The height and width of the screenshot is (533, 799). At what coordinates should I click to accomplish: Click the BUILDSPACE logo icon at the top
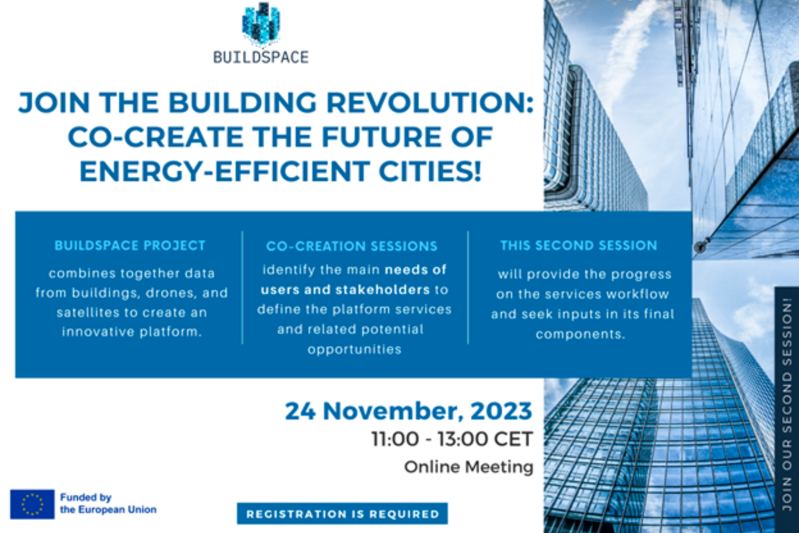261,23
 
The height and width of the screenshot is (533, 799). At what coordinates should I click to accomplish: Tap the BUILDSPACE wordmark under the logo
261,57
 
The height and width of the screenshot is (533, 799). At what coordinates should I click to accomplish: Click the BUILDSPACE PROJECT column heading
130,246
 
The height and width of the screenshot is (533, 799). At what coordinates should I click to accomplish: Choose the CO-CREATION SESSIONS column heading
352,246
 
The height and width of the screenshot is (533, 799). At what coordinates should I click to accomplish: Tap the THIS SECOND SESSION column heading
579,246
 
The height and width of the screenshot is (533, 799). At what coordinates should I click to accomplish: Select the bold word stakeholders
383,290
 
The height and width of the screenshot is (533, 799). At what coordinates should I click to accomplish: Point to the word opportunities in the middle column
354,349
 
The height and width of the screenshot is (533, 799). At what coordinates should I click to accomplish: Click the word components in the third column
580,334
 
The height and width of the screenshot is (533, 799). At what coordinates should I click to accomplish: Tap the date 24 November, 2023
408,411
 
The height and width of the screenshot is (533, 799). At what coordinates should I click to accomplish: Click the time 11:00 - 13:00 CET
452,439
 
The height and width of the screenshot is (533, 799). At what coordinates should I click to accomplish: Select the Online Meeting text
469,467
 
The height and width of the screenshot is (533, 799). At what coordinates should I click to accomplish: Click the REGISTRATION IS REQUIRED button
342,514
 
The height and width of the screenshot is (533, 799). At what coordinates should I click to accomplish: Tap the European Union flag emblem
32,504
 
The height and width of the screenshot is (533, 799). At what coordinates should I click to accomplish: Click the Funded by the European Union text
108,504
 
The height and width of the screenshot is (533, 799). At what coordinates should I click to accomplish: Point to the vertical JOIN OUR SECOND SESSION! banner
787,404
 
